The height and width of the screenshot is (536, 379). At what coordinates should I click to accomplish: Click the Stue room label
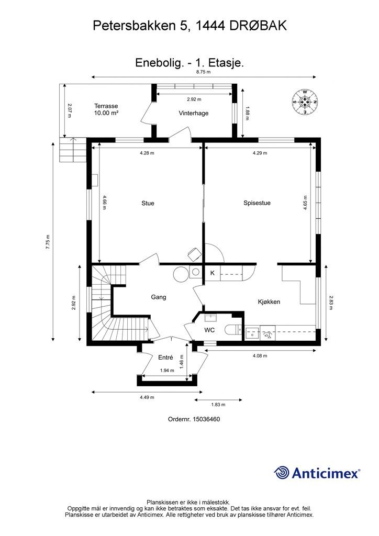click(x=148, y=203)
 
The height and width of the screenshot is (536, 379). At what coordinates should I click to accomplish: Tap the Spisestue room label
click(x=257, y=203)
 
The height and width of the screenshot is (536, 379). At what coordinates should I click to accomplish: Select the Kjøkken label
click(x=269, y=302)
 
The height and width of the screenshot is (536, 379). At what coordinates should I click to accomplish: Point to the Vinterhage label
click(x=194, y=113)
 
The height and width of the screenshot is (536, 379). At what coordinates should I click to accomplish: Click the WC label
click(x=209, y=330)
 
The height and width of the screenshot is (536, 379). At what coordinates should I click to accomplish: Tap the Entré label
click(x=165, y=358)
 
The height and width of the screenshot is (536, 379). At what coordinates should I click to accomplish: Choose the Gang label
click(x=159, y=297)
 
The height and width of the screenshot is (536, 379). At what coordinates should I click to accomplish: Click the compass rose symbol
click(x=304, y=102)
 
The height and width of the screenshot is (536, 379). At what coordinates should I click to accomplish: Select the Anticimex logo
click(x=317, y=473)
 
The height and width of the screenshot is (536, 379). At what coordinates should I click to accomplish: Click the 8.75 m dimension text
click(x=203, y=72)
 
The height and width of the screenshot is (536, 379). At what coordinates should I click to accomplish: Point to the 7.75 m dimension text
click(x=48, y=242)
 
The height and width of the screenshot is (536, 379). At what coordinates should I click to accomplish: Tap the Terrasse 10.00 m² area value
click(x=106, y=113)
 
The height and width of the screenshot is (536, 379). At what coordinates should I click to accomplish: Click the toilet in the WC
click(x=233, y=330)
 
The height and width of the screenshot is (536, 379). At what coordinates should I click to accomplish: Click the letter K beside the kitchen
click(x=212, y=273)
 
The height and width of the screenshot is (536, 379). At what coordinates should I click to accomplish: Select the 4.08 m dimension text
click(x=260, y=356)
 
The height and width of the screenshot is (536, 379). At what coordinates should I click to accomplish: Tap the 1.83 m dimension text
click(x=218, y=405)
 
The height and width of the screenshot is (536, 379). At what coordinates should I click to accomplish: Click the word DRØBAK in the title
click(x=258, y=26)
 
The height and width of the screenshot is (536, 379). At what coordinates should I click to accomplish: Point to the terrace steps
click(x=72, y=150)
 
